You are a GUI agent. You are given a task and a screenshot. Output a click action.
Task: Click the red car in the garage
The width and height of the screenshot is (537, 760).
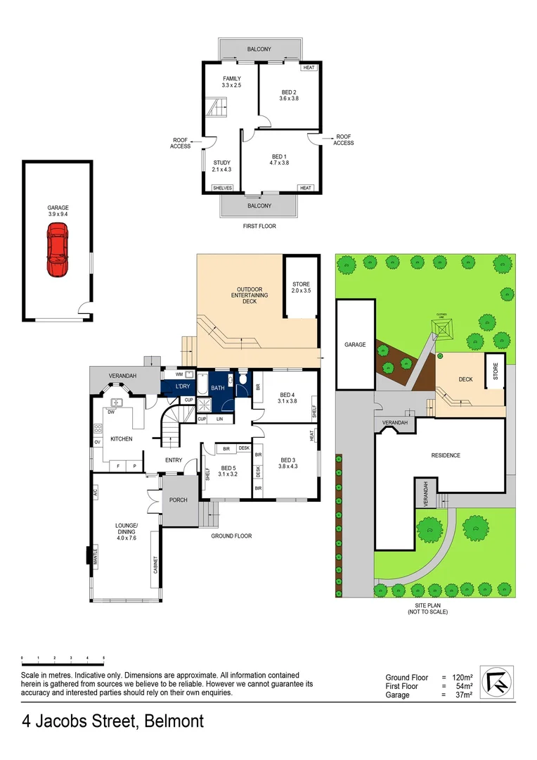pyautogui.click(x=58, y=250)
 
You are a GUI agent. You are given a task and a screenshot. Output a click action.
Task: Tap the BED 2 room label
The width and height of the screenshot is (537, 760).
pyautogui.click(x=290, y=96)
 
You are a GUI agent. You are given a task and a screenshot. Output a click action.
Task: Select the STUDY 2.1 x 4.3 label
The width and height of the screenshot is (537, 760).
pyautogui.click(x=222, y=166)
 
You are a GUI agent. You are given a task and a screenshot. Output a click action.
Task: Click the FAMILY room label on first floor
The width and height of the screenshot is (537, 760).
pyautogui.click(x=232, y=82)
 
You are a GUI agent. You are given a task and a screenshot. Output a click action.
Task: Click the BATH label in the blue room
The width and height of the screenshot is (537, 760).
pyautogui.click(x=217, y=388)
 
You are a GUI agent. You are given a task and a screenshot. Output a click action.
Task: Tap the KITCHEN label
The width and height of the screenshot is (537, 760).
pyautogui.click(x=121, y=439)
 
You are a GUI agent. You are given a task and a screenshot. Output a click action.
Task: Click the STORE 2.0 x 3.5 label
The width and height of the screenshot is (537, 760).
pyautogui.click(x=300, y=287)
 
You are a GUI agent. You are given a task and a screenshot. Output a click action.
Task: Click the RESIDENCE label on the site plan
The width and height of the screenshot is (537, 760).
pyautogui.click(x=446, y=455)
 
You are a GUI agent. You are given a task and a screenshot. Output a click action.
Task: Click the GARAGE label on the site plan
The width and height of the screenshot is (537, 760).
pyautogui.click(x=355, y=345)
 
